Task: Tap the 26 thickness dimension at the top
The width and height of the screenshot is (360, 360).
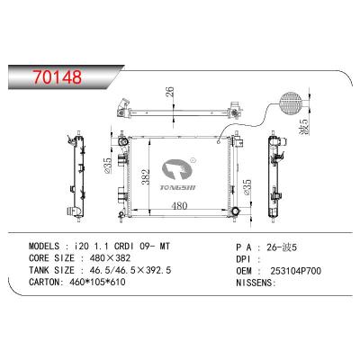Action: click(168, 92)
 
